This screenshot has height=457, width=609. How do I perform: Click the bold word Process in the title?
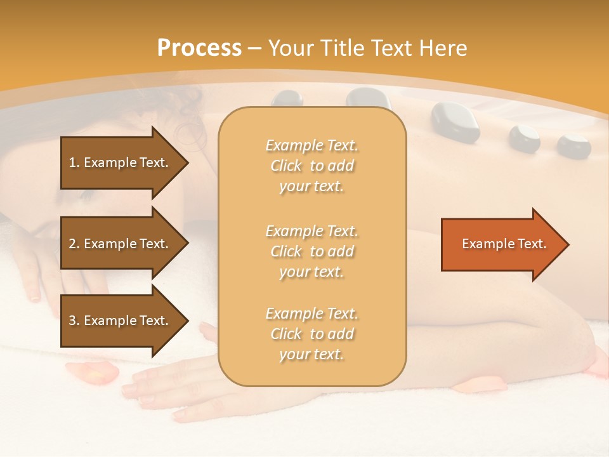[199, 48]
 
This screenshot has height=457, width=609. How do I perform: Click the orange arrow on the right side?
[501, 244]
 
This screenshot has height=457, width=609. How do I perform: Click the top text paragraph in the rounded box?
[311, 166]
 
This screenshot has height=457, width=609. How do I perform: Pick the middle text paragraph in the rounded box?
[311, 251]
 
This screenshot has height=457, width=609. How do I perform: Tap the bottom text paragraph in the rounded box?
[311, 334]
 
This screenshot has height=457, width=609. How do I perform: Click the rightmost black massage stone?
[573, 145]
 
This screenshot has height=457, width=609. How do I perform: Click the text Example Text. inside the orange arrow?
[504, 244]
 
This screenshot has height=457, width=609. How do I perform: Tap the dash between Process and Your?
[255, 48]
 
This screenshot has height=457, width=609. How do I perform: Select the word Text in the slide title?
[393, 48]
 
